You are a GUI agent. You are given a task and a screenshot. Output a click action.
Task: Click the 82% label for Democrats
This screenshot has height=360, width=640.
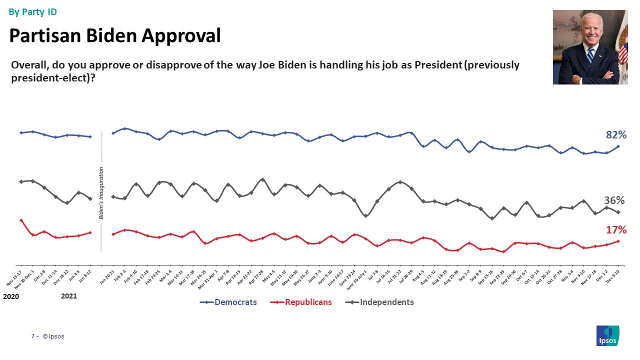pyautogui.click(x=616, y=135)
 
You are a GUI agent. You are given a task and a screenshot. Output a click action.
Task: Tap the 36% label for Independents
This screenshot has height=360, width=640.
pyautogui.click(x=614, y=200)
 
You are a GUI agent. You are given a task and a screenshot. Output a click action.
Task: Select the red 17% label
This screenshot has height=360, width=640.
pyautogui.click(x=616, y=230)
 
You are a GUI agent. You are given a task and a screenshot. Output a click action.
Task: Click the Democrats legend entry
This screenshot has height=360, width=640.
pyautogui.click(x=235, y=302)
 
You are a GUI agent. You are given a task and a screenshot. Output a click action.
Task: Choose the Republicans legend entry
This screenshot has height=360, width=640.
pyautogui.click(x=308, y=302)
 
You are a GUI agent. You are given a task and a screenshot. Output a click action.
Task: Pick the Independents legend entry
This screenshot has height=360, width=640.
pyautogui.click(x=386, y=302)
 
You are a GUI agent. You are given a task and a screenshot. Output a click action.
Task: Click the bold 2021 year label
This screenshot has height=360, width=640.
pyautogui.click(x=69, y=296)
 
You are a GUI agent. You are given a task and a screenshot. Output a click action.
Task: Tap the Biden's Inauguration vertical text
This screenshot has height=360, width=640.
pyautogui.click(x=101, y=193)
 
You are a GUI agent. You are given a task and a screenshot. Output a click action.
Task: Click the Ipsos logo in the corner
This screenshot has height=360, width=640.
pyautogui.click(x=608, y=335)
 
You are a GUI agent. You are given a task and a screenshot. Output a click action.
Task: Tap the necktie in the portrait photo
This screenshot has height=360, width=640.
pyautogui.click(x=590, y=55)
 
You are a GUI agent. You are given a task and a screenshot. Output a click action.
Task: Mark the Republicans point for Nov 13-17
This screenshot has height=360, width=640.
pyautogui.click(x=21, y=220)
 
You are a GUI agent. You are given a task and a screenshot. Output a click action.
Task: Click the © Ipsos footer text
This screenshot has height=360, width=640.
pyautogui.click(x=53, y=336)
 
